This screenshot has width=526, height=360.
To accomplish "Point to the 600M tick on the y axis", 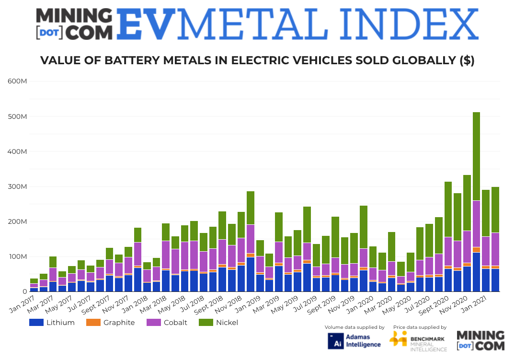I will coord(17,81).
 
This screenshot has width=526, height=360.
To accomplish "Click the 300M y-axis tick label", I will coord(17,186).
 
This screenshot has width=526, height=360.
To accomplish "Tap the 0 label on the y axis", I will coord(24,291).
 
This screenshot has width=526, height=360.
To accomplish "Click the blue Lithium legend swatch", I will coord(36,323).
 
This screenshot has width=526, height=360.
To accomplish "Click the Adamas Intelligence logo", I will coord(354,340).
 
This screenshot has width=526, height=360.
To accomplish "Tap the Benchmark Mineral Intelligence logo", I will coord(418,341).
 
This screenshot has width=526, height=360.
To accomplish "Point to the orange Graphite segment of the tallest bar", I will coord(476,250).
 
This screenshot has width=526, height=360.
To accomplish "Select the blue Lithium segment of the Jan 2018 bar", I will coord(147,287).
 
